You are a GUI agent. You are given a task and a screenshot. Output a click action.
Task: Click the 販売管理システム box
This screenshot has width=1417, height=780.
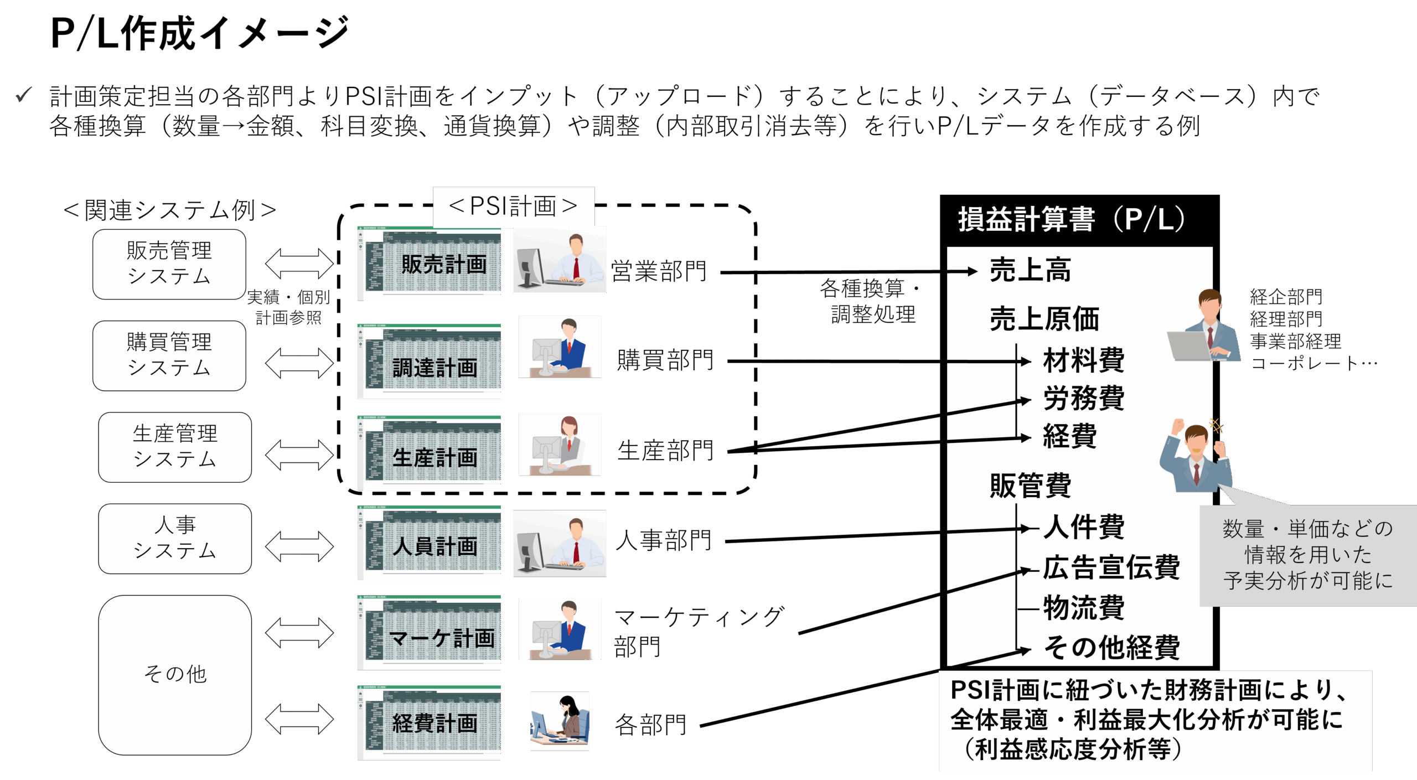[169, 264]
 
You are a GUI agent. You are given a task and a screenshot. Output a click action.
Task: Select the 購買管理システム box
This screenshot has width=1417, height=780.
[169, 355]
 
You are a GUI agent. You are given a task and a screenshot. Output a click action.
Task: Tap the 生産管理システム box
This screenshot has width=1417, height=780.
[175, 447]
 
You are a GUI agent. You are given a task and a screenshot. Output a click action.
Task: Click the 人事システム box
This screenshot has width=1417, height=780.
[175, 538]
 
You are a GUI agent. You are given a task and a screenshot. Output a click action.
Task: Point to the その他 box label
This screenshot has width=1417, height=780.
[175, 674]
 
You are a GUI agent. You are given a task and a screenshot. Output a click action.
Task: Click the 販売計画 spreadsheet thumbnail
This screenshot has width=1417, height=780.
[429, 264]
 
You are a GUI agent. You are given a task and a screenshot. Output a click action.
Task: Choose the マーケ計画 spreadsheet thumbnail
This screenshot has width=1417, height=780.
[429, 633]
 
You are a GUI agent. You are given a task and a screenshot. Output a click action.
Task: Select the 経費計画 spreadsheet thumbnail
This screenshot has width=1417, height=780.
[429, 722]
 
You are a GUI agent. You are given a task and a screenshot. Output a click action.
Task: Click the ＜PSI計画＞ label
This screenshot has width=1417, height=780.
[513, 206]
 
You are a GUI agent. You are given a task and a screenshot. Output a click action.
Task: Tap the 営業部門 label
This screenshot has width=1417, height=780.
[659, 271]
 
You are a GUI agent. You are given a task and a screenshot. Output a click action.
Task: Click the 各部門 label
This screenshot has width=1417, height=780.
[650, 725]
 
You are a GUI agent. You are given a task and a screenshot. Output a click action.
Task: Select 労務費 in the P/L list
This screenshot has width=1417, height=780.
[1083, 398]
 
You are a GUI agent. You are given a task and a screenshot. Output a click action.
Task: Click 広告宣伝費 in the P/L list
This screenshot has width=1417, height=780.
[1111, 567]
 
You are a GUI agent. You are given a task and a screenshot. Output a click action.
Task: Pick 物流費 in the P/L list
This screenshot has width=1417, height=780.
[1083, 608]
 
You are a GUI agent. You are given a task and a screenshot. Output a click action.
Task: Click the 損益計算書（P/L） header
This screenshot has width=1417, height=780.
[1071, 219]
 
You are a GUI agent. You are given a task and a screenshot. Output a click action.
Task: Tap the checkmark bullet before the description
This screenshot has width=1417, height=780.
[24, 95]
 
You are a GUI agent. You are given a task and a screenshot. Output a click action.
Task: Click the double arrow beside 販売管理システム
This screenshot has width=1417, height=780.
[299, 264]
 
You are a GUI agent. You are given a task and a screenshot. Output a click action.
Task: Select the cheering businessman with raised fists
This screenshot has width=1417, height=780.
[1196, 457]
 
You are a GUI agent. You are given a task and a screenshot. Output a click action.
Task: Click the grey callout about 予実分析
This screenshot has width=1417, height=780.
[1307, 555]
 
